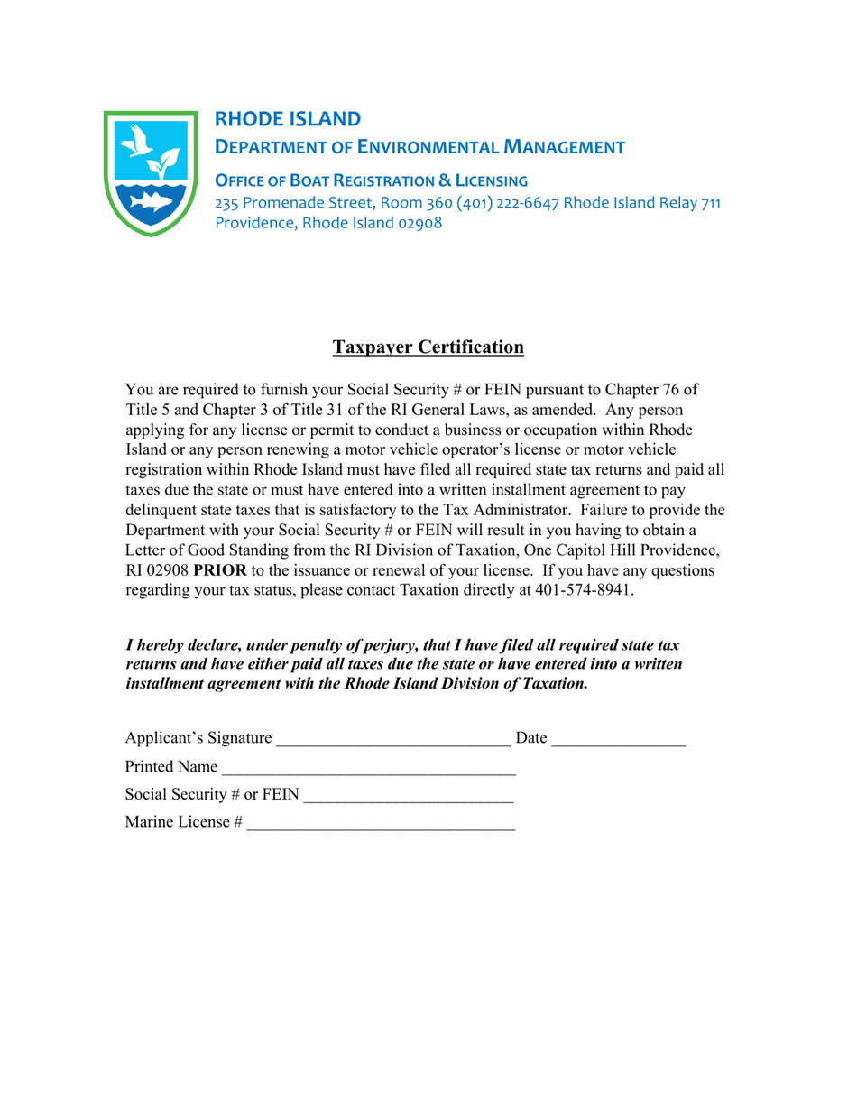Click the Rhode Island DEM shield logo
point(151,172)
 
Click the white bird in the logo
point(134,143)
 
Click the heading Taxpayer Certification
point(428,347)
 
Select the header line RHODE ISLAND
point(287,118)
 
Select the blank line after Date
point(618,742)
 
